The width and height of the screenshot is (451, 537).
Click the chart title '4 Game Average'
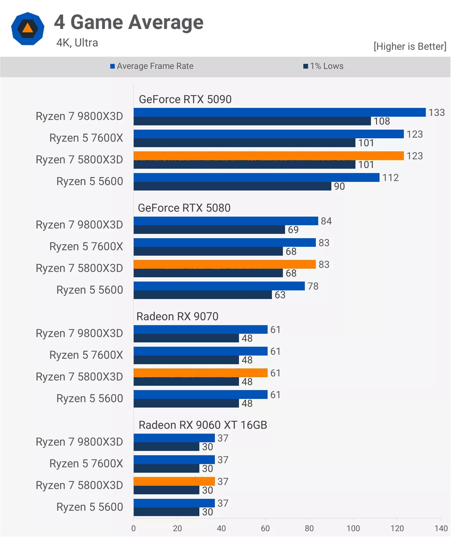click(x=129, y=22)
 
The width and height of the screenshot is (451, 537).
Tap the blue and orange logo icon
click(x=28, y=29)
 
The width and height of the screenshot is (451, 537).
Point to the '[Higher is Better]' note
click(x=410, y=46)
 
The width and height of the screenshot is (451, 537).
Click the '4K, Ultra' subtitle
click(x=77, y=43)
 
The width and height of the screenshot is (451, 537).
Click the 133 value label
click(x=437, y=113)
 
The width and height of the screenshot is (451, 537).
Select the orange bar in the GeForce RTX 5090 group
click(x=269, y=156)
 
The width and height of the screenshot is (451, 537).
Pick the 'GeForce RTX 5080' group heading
click(x=184, y=208)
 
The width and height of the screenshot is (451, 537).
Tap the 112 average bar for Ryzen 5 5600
click(x=256, y=177)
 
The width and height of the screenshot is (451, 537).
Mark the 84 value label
click(x=326, y=221)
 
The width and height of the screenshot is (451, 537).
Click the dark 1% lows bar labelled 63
click(x=203, y=295)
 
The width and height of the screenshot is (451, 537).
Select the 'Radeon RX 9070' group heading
click(x=177, y=317)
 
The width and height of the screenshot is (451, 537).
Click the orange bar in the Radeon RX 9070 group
click(x=201, y=373)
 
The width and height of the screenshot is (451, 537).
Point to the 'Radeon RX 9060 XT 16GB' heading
click(x=203, y=425)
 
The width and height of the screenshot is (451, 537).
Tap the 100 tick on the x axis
click(x=353, y=528)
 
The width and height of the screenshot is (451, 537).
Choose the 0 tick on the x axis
click(x=134, y=528)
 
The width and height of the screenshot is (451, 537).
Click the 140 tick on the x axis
click(x=441, y=528)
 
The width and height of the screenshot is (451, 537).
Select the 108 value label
click(x=382, y=121)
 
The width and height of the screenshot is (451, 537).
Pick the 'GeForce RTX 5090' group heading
click(x=185, y=99)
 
